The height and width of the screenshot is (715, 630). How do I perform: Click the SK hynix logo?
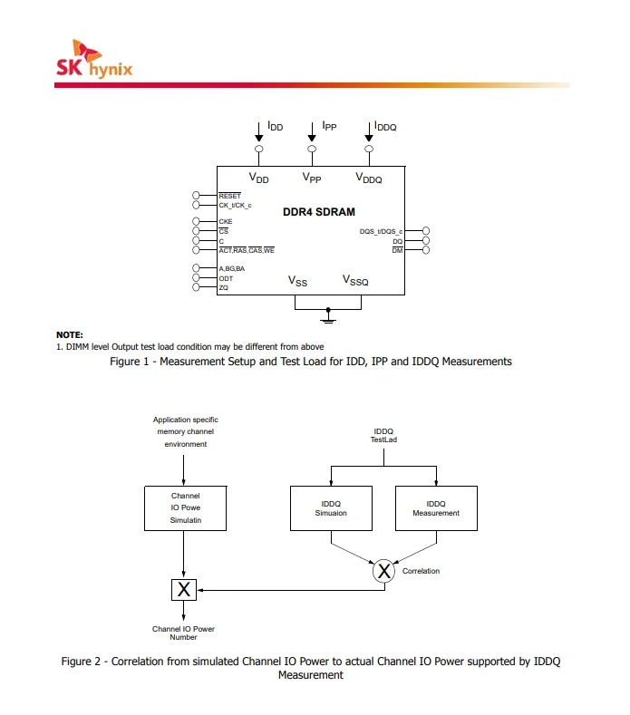(x=94, y=59)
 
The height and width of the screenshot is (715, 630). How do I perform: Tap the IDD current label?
(x=275, y=126)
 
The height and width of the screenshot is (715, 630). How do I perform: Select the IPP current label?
(x=329, y=126)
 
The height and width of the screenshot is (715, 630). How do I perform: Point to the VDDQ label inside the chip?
(x=369, y=178)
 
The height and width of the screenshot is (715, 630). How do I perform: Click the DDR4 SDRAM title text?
(x=319, y=212)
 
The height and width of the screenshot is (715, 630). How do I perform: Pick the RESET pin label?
(x=230, y=196)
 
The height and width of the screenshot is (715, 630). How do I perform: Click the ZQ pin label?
(x=224, y=288)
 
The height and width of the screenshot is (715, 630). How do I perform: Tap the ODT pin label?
(x=226, y=278)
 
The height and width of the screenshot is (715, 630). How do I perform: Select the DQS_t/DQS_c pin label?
(x=381, y=232)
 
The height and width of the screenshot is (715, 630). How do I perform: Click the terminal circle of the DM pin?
(x=426, y=250)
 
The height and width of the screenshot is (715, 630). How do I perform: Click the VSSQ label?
(x=355, y=280)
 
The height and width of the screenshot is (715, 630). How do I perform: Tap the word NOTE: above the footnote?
(x=69, y=334)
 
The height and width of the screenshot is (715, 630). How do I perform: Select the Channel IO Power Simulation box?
(x=185, y=508)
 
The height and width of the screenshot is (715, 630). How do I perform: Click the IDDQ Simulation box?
(x=331, y=508)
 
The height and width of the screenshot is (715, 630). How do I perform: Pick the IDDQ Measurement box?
(x=436, y=508)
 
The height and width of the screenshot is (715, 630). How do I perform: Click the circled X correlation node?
(x=383, y=571)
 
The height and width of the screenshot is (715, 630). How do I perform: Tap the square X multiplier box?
(x=184, y=590)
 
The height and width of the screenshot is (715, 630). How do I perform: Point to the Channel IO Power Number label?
(x=183, y=633)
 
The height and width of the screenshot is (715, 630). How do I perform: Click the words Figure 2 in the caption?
(x=81, y=662)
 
